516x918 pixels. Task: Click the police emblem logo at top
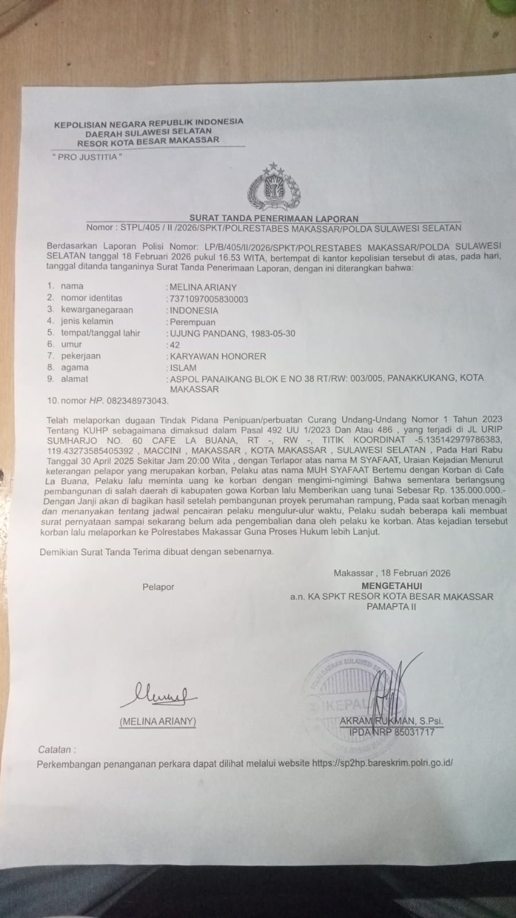[274, 188]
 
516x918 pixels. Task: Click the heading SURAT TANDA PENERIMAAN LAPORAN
[274, 218]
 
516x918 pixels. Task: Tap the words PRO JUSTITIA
[87, 157]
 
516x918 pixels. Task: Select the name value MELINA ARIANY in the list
[203, 287]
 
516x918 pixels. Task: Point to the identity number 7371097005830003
[208, 299]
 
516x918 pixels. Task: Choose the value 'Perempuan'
[192, 322]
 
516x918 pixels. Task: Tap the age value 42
[173, 345]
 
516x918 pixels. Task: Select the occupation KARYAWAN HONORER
[218, 357]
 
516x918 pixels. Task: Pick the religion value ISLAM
[183, 368]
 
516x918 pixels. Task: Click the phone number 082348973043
[141, 401]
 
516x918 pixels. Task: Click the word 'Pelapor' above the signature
[158, 587]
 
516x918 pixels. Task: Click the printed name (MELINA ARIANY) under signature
[158, 722]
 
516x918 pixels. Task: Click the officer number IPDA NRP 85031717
[391, 732]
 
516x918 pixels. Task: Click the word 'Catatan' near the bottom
[56, 749]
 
